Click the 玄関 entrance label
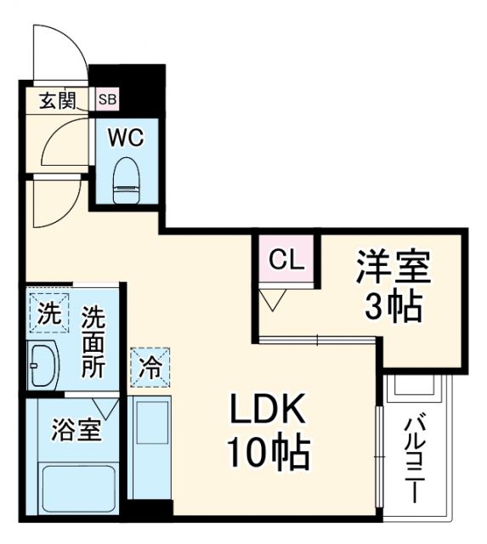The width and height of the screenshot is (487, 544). click(57, 99)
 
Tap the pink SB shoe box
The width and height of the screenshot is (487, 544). click(108, 99)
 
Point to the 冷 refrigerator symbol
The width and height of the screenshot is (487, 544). click(149, 368)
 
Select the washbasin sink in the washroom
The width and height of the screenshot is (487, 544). click(42, 366)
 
